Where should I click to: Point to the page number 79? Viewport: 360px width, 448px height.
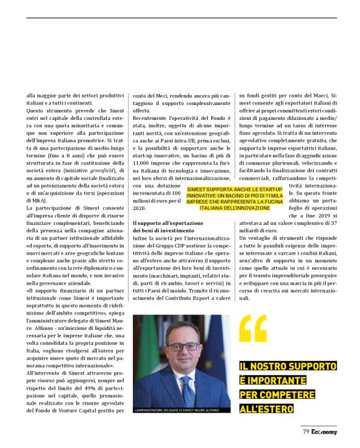point(306,431)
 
